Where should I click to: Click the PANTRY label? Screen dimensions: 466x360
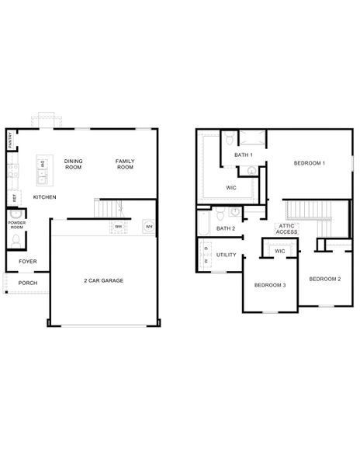pyautogui.click(x=9, y=141)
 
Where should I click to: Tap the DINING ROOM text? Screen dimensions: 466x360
pyautogui.click(x=73, y=164)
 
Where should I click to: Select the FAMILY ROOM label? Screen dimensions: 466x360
pyautogui.click(x=125, y=164)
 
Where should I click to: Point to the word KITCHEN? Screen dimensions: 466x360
pyautogui.click(x=44, y=197)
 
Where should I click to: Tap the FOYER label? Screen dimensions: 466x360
pyautogui.click(x=28, y=262)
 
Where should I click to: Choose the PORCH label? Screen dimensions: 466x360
pyautogui.click(x=28, y=283)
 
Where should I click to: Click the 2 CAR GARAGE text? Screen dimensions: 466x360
pyautogui.click(x=104, y=280)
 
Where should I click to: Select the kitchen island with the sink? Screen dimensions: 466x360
pyautogui.click(x=43, y=170)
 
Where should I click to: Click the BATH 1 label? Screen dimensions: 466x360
pyautogui.click(x=243, y=155)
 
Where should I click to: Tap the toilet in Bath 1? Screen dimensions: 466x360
pyautogui.click(x=229, y=141)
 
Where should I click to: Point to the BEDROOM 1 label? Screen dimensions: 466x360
pyautogui.click(x=309, y=163)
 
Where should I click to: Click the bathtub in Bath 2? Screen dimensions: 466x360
pyautogui.click(x=203, y=225)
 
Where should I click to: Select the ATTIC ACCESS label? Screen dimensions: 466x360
pyautogui.click(x=286, y=229)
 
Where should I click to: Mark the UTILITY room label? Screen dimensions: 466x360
pyautogui.click(x=227, y=255)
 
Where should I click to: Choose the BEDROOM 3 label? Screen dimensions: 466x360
pyautogui.click(x=270, y=285)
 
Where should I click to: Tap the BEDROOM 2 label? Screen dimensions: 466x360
pyautogui.click(x=324, y=278)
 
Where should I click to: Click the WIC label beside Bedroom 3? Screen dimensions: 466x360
pyautogui.click(x=280, y=251)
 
